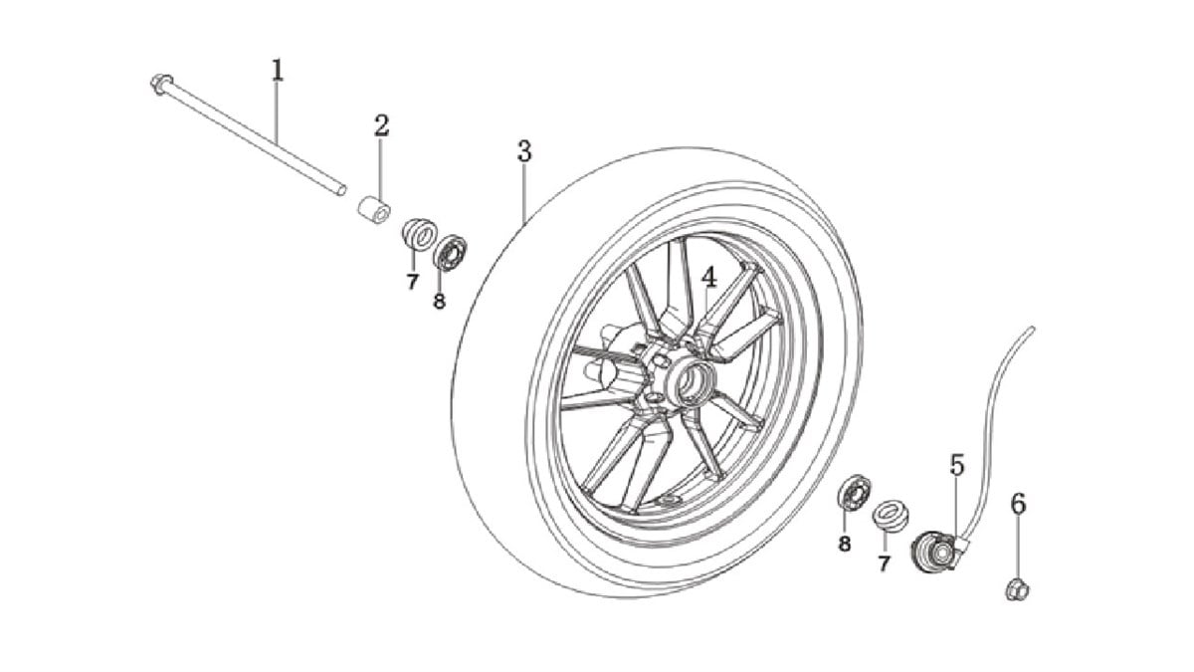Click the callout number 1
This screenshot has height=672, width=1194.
[277, 70]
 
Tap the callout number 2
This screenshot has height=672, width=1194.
[382, 125]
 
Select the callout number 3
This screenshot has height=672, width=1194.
[524, 151]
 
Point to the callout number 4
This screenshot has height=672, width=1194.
[708, 277]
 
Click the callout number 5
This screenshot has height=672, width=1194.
[957, 465]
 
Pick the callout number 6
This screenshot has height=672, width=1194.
[1018, 504]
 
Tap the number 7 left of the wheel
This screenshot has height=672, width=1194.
[412, 282]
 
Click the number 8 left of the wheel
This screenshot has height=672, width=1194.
[439, 302]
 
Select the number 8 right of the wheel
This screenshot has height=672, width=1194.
[845, 544]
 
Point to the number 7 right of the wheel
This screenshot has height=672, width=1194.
[884, 563]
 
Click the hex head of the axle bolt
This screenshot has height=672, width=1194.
[160, 85]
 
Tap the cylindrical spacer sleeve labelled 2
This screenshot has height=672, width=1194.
[374, 211]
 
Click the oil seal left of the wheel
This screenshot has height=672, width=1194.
[420, 234]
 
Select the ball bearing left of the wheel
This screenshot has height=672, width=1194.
[451, 252]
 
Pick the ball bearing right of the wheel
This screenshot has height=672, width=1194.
[855, 492]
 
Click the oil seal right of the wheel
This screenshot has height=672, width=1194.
[891, 517]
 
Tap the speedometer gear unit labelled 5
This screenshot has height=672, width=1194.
[938, 551]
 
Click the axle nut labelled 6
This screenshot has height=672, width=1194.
[1018, 590]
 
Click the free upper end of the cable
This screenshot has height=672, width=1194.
[1032, 330]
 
